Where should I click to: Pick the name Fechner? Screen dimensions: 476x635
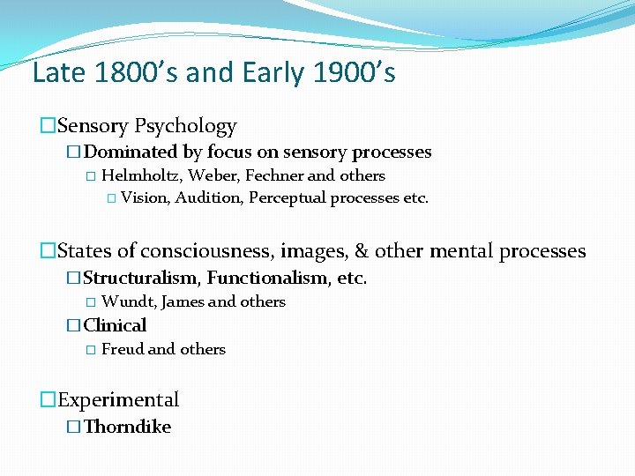(x=273, y=175)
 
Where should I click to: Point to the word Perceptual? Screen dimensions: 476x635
(x=288, y=197)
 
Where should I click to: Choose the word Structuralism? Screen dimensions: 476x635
(x=140, y=279)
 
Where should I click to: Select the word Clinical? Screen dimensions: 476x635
(x=115, y=325)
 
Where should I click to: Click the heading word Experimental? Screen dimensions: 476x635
(x=118, y=400)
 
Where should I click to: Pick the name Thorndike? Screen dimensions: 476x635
(x=127, y=427)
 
